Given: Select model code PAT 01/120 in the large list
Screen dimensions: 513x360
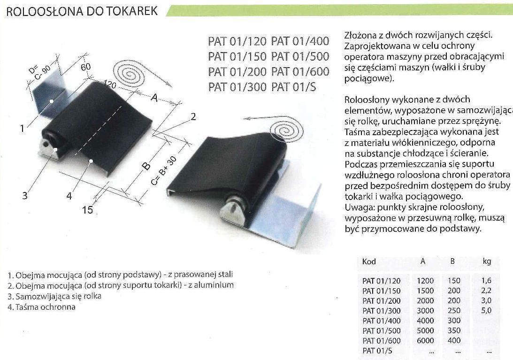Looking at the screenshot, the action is (237, 41).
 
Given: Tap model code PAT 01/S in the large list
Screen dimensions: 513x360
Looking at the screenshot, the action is (294, 87).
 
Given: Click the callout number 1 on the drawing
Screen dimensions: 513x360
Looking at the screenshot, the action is (22, 128).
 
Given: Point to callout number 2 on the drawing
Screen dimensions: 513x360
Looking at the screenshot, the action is (193, 116).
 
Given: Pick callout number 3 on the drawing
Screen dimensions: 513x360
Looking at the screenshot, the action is (25, 196).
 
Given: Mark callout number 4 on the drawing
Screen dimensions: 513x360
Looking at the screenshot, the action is (69, 196).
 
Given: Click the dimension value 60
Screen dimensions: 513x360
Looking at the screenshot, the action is (86, 67).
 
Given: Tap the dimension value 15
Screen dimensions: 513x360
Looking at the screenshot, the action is (88, 209).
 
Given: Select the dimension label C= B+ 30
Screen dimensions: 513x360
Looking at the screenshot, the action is (164, 170).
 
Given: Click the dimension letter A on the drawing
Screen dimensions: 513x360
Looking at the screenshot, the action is (154, 98).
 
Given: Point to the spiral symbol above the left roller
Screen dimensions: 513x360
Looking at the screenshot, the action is (129, 75).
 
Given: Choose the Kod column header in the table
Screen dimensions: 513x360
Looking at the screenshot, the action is (369, 261).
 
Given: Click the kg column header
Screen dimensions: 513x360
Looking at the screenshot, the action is (487, 261).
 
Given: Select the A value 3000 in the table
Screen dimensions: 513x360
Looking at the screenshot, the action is (425, 311).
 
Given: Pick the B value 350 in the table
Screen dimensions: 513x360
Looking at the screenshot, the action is (454, 330).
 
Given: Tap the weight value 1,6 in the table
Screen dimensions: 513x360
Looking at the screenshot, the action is (487, 281).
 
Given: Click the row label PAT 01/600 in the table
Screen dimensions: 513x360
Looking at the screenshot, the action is (382, 341).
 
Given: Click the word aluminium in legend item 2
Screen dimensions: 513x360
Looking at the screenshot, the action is (214, 285).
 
